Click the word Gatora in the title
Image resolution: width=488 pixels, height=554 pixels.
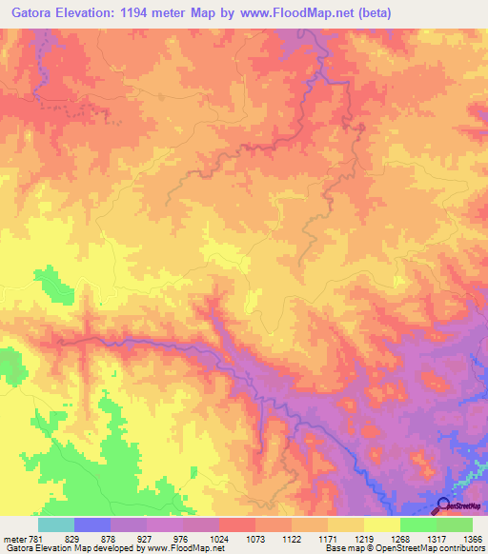click(32, 13)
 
